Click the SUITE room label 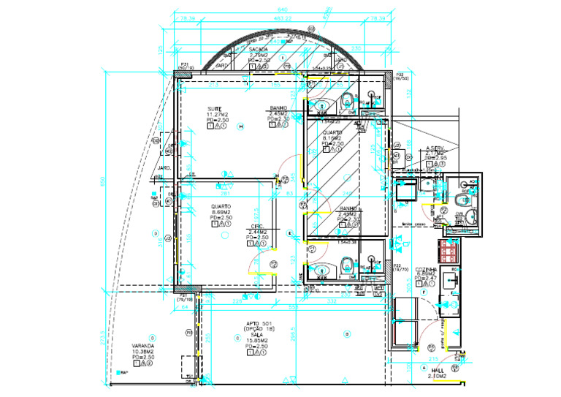pos(213,109)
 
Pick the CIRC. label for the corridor pos(256,226)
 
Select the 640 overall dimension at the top pos(281,8)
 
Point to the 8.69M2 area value pos(221,212)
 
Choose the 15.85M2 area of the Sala pos(257,341)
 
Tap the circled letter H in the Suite pos(240,126)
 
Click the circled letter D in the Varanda pos(155,234)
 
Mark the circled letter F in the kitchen pos(424,292)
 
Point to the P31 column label pos(186,64)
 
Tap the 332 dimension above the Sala pos(332,300)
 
